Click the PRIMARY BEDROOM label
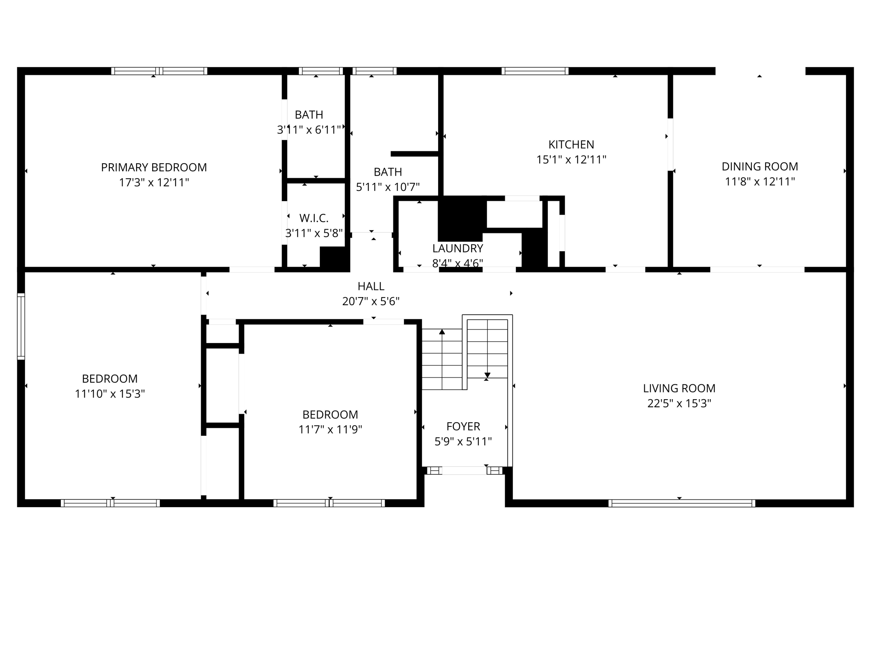click(x=154, y=168)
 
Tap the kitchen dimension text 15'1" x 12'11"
click(x=571, y=160)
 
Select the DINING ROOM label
click(x=760, y=167)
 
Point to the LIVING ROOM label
click(x=679, y=388)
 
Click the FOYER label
click(x=463, y=426)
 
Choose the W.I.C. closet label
click(x=314, y=219)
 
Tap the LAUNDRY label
click(x=458, y=248)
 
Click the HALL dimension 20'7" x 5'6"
click(x=371, y=301)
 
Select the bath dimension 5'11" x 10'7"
click(x=387, y=187)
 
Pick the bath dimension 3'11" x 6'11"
click(x=309, y=130)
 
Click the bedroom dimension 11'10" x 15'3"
click(x=110, y=394)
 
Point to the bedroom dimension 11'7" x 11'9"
click(x=330, y=429)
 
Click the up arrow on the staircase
click(x=442, y=332)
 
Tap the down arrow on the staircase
click(x=487, y=375)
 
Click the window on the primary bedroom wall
click(x=159, y=71)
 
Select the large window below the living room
click(x=681, y=503)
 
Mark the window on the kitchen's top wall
click(x=535, y=71)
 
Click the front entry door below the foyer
click(x=464, y=471)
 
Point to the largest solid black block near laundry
click(x=462, y=218)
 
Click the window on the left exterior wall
click(x=21, y=326)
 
